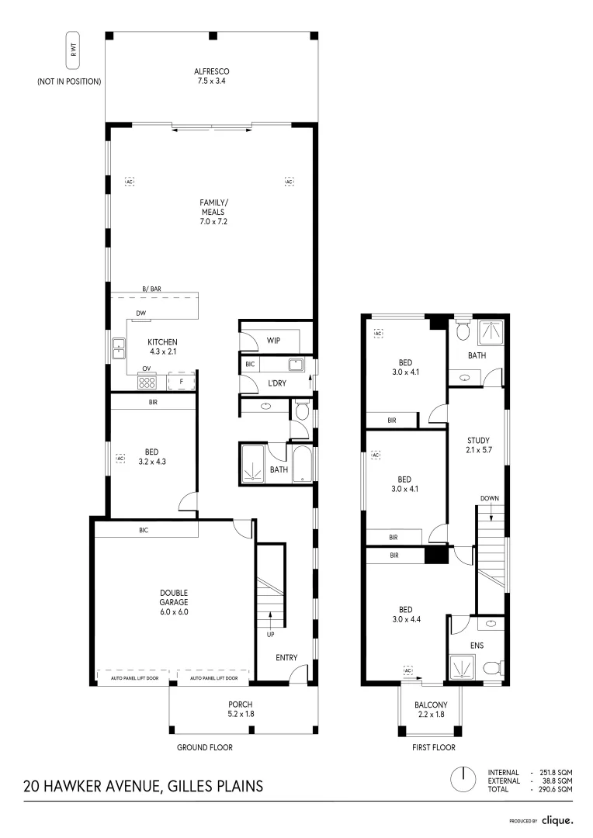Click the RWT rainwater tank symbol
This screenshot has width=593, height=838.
pos(73,50)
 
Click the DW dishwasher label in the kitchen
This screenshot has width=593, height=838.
pos(140,313)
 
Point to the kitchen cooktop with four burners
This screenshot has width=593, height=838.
pos(147,382)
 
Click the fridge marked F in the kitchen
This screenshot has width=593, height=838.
pos(182,382)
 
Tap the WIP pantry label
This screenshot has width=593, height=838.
pos(273,341)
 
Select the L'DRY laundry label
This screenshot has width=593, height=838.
pos(277,383)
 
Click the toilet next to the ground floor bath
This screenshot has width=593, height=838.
pos(302,410)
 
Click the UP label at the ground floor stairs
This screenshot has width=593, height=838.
pos(271,635)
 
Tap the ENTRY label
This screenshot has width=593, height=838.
pos(286,658)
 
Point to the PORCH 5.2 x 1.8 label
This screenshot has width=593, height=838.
pos(241,709)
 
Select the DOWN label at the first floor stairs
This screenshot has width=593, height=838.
pos(489,498)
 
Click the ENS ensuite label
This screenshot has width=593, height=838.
pos(477,646)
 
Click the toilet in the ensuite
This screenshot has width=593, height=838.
pos(493,668)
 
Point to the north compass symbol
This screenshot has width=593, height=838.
pos(463,780)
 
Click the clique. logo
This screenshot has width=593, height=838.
pos(557,820)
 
